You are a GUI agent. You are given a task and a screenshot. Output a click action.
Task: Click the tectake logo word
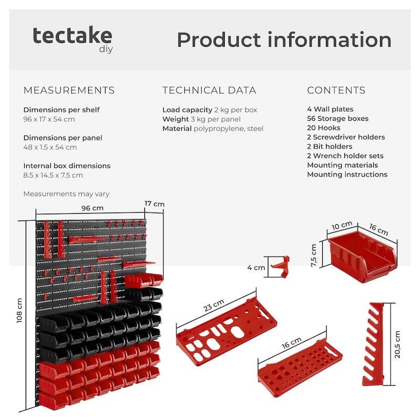click(x=72, y=35)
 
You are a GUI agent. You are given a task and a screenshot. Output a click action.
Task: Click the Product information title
click(x=284, y=40)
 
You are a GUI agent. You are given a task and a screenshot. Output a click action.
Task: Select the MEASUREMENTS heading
click(x=69, y=90)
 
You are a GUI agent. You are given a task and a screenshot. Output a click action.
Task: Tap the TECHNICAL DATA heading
click(x=209, y=90)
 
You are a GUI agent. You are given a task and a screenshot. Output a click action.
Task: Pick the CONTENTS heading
click(x=336, y=90)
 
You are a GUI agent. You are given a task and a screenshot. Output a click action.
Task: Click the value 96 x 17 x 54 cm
click(x=49, y=119)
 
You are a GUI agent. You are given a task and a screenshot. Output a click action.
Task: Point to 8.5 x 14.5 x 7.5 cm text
click(x=53, y=175)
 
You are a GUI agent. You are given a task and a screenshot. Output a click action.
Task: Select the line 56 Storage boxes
click(x=338, y=119)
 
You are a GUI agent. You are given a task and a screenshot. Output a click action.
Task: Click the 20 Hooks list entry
click(x=323, y=128)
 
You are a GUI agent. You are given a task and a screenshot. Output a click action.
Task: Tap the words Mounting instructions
click(x=347, y=174)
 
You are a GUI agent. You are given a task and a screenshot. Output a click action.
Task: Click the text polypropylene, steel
click(x=228, y=129)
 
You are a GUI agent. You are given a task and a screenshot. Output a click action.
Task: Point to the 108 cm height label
click(x=19, y=310)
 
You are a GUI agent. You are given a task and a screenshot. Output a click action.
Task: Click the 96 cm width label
click(x=92, y=208)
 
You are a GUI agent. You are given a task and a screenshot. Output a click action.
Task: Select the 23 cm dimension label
click(x=214, y=306)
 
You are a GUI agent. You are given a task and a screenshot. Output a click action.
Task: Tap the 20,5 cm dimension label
click(x=397, y=344)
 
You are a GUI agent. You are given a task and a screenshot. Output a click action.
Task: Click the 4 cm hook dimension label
click(x=256, y=268)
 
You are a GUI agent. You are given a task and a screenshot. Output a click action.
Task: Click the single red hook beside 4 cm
click(x=281, y=267)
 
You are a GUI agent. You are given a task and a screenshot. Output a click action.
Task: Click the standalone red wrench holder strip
click(x=373, y=344)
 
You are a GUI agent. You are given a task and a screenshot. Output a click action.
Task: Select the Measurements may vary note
click(x=67, y=194)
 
